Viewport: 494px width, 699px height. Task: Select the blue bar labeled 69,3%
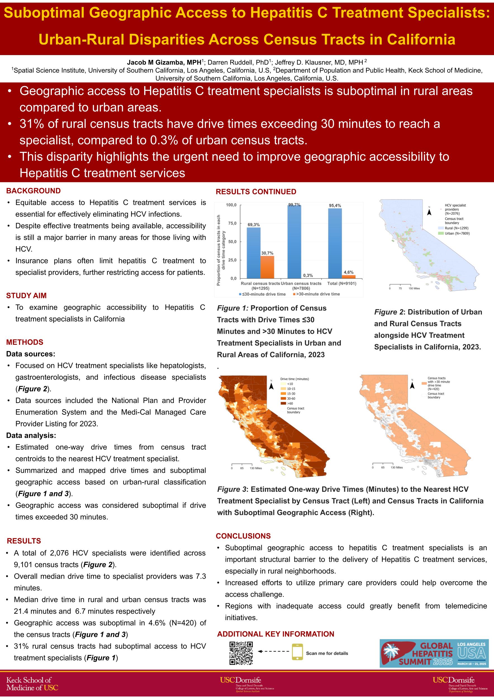[x=253, y=253]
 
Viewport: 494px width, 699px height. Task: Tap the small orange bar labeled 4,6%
[x=349, y=277]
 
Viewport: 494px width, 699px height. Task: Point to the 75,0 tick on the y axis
[x=231, y=223]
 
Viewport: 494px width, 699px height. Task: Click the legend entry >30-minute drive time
[x=316, y=294]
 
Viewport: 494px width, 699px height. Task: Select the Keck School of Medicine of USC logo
[x=32, y=683]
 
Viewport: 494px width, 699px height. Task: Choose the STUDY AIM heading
[x=27, y=296]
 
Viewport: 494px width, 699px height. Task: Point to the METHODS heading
[x=25, y=342]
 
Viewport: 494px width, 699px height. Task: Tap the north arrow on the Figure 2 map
[x=429, y=212]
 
